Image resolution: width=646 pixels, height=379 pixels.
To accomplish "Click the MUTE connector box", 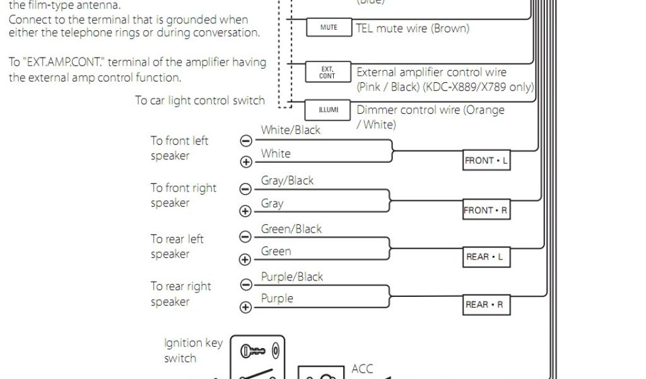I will pos(329,28).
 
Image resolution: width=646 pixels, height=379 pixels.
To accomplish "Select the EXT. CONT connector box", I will pos(327,73).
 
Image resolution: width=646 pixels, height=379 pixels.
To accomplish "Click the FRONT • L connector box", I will pos(486,161).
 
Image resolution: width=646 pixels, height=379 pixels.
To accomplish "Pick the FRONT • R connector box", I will pos(486,210).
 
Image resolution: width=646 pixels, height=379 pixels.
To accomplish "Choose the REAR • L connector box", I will pos(486,257).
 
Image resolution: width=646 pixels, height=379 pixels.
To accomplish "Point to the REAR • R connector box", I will pos(486,304).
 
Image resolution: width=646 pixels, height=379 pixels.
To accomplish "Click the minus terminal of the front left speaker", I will pos(246,141).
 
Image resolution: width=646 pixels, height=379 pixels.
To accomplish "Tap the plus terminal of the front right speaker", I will pos(246,212).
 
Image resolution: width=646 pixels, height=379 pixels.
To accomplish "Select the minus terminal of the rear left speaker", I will pos(246,237).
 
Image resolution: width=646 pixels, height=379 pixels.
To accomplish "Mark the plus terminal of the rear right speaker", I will pos(246,308).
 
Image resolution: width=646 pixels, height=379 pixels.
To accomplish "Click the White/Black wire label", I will pos(291,130).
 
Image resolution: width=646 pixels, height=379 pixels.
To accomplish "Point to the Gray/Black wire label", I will pos(287,181).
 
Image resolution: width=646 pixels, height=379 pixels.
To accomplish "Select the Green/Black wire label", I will pos(291,229).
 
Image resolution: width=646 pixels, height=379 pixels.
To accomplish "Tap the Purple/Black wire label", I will pos(292,277).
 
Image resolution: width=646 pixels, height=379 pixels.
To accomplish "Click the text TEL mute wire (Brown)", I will pos(413,28).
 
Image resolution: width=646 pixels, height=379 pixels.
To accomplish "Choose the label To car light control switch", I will pos(200,100).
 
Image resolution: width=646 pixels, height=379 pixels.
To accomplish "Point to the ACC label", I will pos(363,369).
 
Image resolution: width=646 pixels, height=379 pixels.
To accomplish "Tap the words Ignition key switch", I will pos(193,351).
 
